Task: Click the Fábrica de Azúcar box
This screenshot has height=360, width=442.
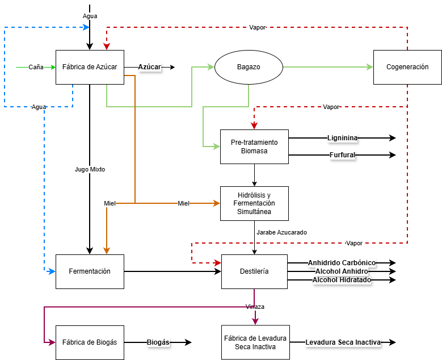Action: coord(90,67)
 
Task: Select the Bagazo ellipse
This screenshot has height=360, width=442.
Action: coord(249,67)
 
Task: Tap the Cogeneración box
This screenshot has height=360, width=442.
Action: coord(407,67)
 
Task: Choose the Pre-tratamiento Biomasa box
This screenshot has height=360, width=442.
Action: coord(254,146)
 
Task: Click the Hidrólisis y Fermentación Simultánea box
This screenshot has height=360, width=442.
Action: coord(254,203)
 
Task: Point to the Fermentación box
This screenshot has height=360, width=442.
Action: coord(90,271)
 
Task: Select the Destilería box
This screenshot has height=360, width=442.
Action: coord(254,271)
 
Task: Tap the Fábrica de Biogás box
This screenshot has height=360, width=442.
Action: coord(90,342)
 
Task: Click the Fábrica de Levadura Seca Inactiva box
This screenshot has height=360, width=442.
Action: coord(255,342)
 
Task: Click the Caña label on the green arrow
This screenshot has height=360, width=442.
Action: coord(36,67)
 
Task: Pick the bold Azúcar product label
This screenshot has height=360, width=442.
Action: coord(150,67)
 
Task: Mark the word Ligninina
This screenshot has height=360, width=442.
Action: coord(342,138)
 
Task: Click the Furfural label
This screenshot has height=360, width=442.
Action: coord(342,155)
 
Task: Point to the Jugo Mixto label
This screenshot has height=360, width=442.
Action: coord(90,169)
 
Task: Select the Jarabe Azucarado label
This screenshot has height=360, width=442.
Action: coord(281,232)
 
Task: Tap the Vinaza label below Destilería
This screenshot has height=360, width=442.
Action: coord(255,307)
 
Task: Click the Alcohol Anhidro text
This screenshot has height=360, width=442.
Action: coord(342,271)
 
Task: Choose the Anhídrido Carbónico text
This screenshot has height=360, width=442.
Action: coord(342,263)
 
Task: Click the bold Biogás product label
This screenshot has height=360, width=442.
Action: coord(158,342)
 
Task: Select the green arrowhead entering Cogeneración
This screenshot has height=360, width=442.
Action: coord(370,67)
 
